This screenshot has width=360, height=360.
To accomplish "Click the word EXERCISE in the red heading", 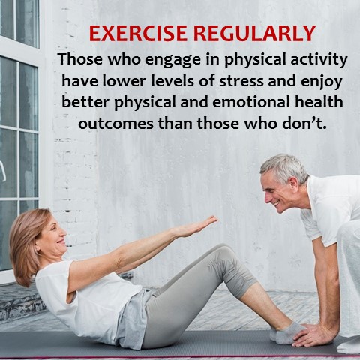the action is click(138, 34).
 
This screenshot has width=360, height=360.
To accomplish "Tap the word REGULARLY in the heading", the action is click(254, 34).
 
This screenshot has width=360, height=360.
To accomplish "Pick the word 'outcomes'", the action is click(115, 124).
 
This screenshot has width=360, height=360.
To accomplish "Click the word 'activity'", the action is click(319, 61).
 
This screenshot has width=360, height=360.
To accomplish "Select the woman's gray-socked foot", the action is click(287, 332).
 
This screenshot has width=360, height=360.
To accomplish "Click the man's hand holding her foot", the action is click(314, 334).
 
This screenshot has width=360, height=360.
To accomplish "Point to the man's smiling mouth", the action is click(276, 204).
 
